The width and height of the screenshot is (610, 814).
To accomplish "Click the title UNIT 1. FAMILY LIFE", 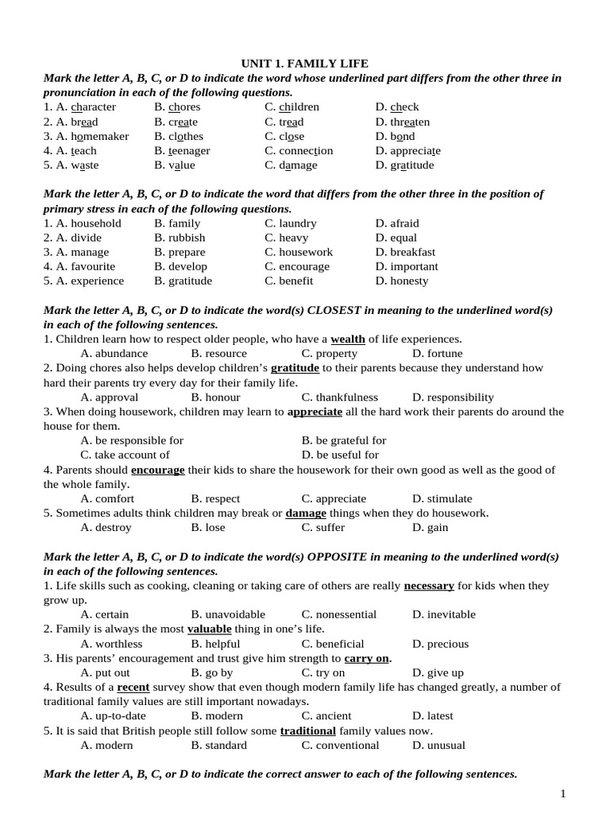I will tap(305, 63).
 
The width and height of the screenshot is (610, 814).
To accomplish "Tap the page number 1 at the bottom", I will tap(563, 793).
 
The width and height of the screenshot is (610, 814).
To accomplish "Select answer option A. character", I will tap(79, 107).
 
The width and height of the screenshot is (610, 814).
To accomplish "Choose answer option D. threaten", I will tap(403, 122).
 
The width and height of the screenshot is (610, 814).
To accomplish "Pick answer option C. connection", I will tap(299, 150).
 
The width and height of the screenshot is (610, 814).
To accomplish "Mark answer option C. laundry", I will tap(291, 223).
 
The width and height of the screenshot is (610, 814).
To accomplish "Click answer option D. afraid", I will tap(397, 223).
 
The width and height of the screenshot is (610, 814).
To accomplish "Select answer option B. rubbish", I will tap(180, 238).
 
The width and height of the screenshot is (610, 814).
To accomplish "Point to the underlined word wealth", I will tap(348, 339).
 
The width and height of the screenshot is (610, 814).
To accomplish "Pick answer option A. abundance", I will tap(114, 353).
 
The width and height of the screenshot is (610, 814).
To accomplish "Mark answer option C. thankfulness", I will tap(339, 397).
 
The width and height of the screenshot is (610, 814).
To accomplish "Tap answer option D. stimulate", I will tap(442, 498).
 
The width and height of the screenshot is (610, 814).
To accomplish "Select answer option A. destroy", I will tap(106, 527).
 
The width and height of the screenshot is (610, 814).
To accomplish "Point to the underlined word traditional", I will tap(309, 731).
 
